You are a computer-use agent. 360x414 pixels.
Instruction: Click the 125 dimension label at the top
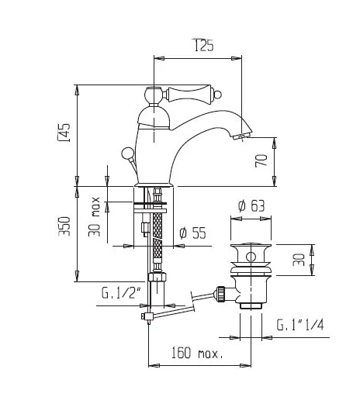click(x=204, y=45)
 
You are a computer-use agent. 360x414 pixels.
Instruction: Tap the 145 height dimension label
click(x=64, y=133)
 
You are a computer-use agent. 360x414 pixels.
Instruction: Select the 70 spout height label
click(x=261, y=160)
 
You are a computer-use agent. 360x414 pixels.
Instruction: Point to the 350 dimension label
click(x=64, y=226)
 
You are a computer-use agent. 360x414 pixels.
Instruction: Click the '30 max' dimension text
click(x=95, y=216)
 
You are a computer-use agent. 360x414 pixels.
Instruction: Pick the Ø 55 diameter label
click(x=192, y=233)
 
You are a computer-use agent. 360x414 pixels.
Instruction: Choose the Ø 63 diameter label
click(x=251, y=206)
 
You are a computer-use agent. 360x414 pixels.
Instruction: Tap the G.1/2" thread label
click(x=121, y=293)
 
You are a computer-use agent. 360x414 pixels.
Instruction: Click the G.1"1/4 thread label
click(x=300, y=325)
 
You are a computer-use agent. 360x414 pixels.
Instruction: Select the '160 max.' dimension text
click(x=197, y=353)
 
